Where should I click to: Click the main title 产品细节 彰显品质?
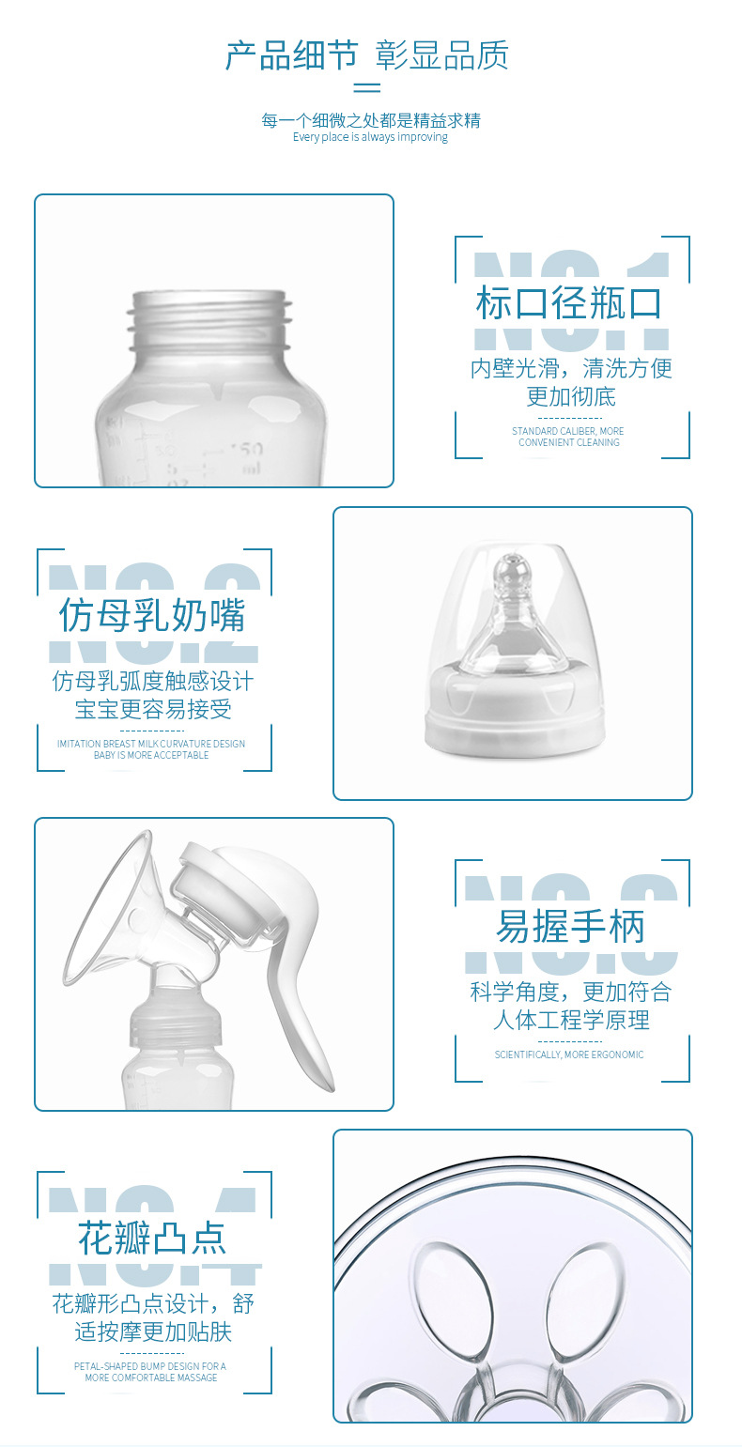tap(366, 55)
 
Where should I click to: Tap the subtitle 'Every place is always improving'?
tap(370, 137)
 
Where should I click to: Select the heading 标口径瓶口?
tap(569, 304)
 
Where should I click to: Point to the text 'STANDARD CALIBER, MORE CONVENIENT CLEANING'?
tap(568, 437)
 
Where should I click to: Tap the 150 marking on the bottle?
tap(247, 449)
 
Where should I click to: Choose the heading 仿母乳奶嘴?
tap(152, 616)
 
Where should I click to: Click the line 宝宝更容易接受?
tap(153, 709)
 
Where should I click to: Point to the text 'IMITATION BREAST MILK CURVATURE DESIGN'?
tap(151, 744)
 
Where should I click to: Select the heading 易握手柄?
tap(570, 928)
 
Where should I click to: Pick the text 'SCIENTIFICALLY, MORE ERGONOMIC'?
tap(569, 1054)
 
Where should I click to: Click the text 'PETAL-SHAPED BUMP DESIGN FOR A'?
tap(150, 1366)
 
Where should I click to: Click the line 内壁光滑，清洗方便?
tap(571, 368)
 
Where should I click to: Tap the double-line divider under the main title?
tap(366, 88)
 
